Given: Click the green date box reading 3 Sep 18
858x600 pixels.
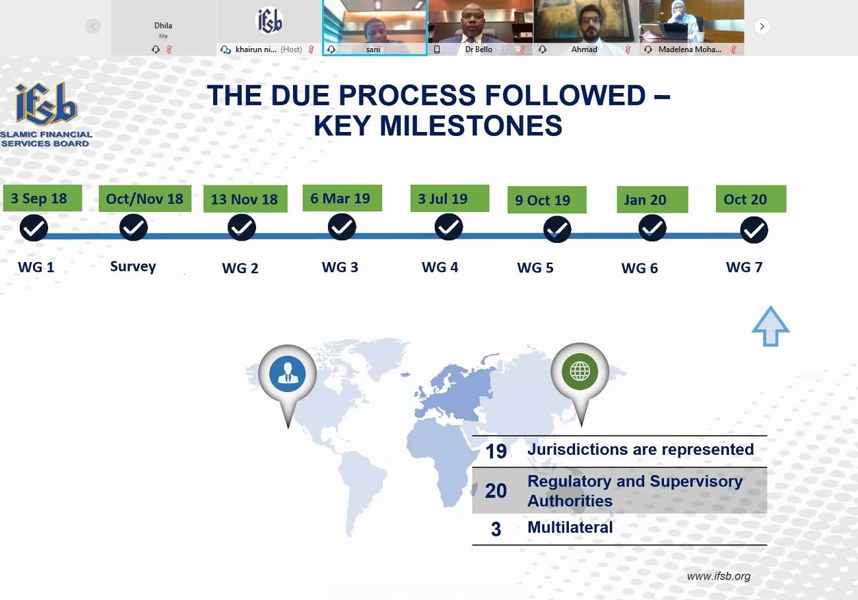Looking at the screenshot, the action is click(x=42, y=198).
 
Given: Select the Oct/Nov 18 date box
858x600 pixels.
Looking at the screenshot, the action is click(x=145, y=199).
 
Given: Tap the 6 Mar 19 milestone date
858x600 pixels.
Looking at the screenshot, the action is click(x=342, y=198).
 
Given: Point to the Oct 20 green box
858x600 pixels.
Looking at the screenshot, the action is click(x=751, y=199).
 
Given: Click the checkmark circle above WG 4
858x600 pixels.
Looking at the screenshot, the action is click(x=449, y=227).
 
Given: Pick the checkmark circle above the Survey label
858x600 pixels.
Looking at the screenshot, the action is click(x=133, y=228).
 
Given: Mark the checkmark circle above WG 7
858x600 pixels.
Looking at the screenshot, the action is click(x=754, y=230).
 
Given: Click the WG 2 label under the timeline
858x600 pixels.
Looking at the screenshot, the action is click(x=240, y=268).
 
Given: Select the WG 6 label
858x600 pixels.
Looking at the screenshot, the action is click(x=640, y=268).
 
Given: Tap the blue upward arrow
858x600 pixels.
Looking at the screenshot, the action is click(x=770, y=326).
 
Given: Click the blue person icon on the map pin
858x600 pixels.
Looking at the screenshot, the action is click(x=287, y=374).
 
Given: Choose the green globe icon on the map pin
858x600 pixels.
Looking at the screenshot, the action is click(x=580, y=372).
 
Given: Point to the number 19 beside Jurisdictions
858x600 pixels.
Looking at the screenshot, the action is click(x=496, y=451).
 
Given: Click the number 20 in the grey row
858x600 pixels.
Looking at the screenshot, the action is click(x=496, y=491).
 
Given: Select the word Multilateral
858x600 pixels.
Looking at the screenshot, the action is click(x=570, y=527).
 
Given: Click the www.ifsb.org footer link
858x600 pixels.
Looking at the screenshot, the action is click(x=719, y=576).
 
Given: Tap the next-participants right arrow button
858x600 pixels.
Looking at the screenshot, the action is click(x=762, y=26).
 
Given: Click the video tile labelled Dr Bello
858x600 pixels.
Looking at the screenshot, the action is click(x=480, y=28).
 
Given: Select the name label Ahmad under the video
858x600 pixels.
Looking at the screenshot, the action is click(x=584, y=50).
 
